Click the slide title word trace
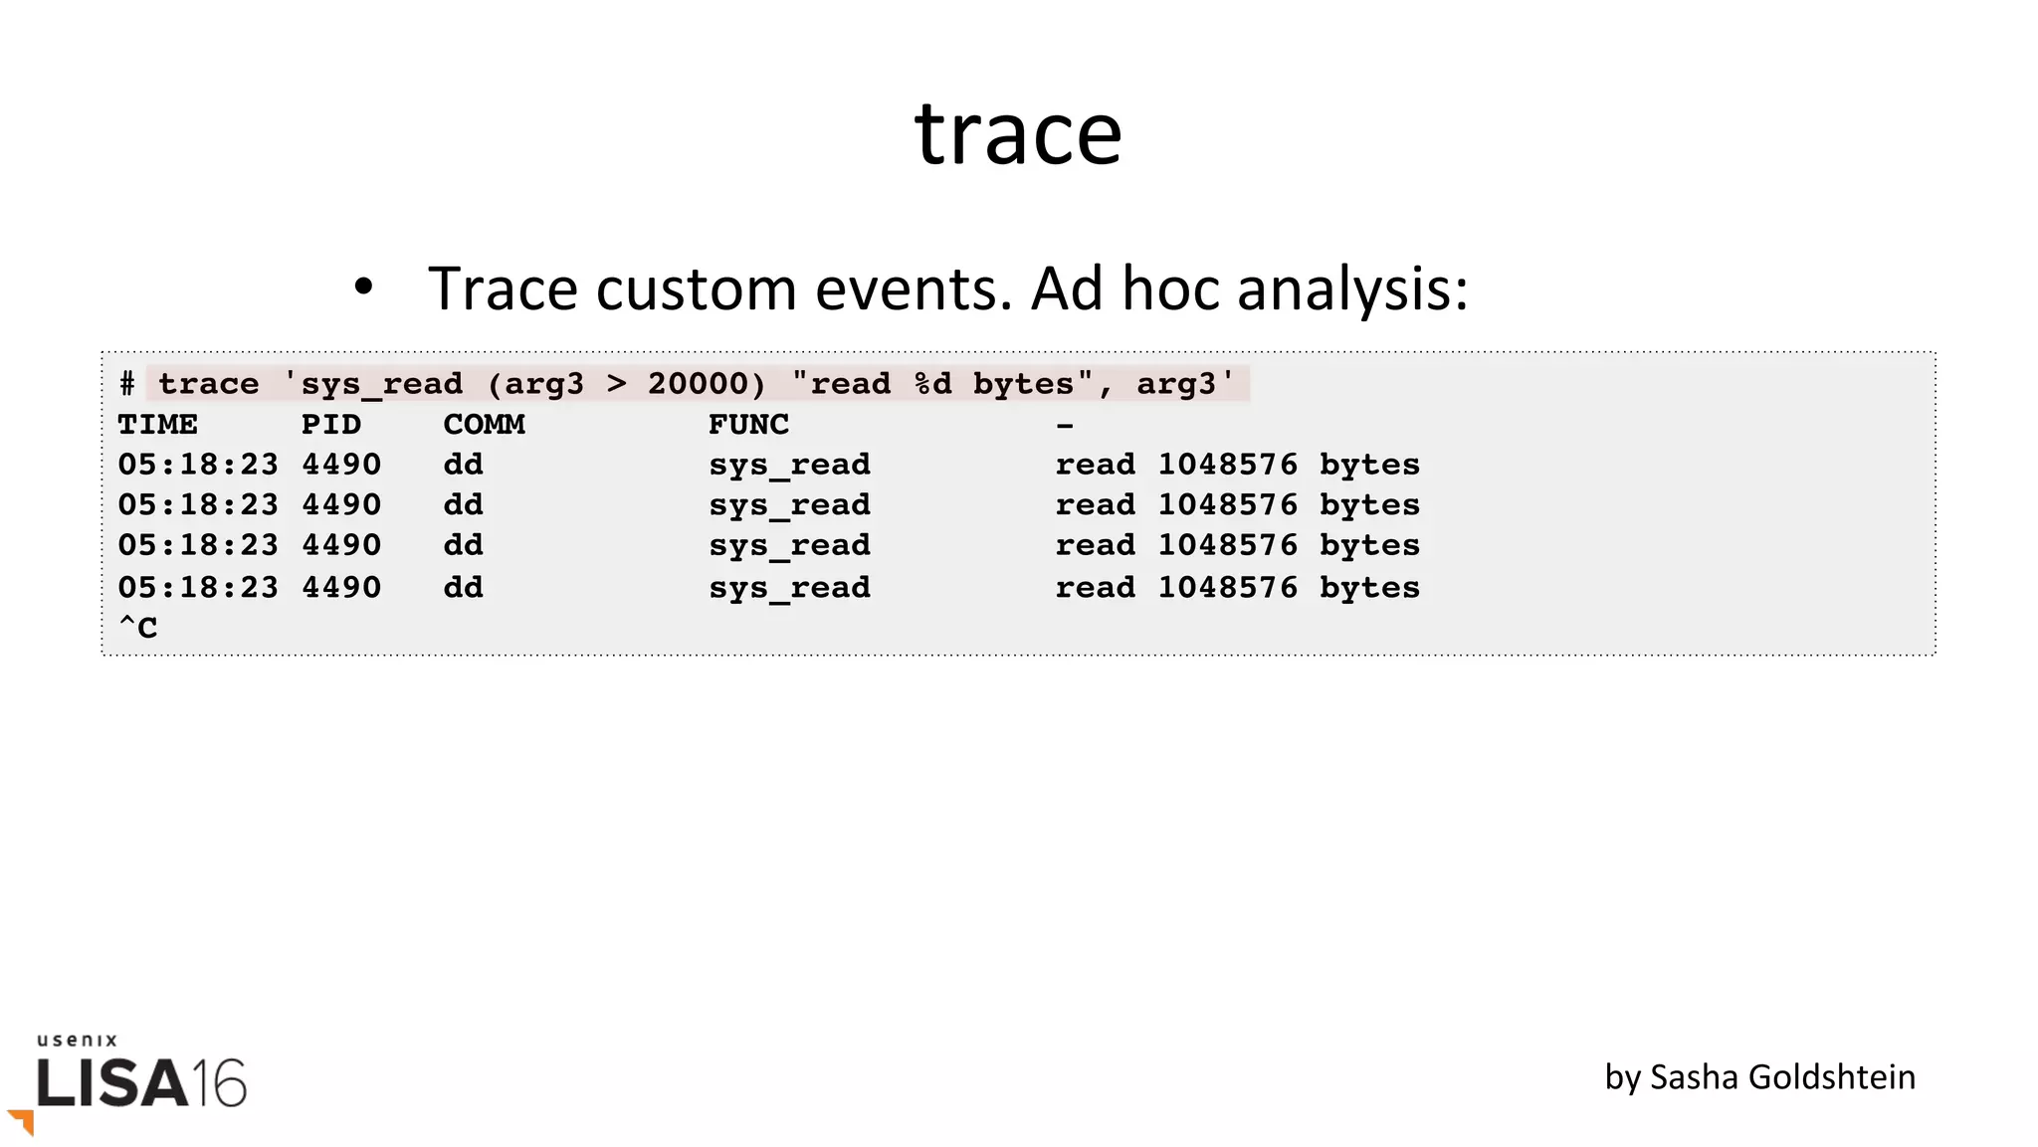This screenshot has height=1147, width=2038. (x=1018, y=134)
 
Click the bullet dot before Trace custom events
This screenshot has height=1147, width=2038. (x=363, y=287)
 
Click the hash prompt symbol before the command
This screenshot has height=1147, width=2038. (x=127, y=384)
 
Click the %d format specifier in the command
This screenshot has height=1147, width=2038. (x=932, y=384)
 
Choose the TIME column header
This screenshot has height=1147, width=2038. (x=157, y=425)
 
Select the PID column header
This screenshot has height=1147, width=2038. (x=331, y=425)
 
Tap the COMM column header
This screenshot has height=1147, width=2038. (x=484, y=425)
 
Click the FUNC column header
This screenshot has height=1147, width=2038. (x=748, y=425)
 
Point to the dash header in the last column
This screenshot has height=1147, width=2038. (x=1065, y=426)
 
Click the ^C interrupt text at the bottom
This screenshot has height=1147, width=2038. (x=138, y=628)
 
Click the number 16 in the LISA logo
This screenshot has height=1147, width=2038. (x=219, y=1082)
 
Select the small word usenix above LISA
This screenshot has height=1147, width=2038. (x=78, y=1041)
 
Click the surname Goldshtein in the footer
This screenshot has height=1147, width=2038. (x=1830, y=1077)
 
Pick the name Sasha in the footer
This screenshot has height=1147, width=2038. (x=1692, y=1077)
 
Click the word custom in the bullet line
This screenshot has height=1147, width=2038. (x=699, y=289)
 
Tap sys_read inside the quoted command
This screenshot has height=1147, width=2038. (x=381, y=385)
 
